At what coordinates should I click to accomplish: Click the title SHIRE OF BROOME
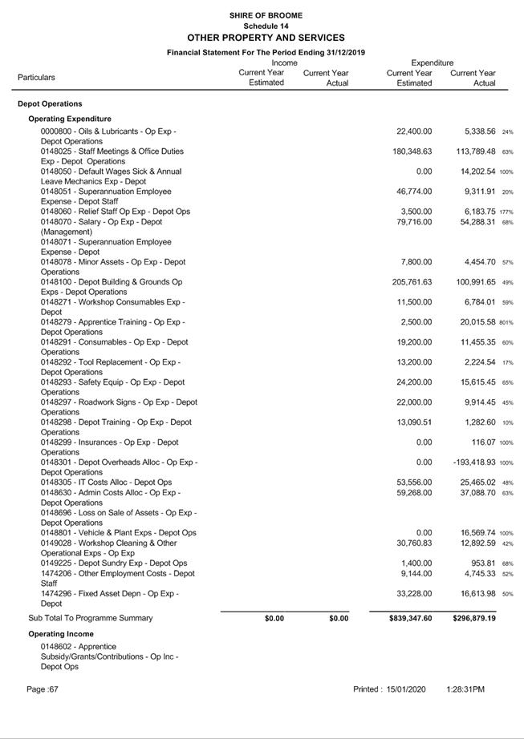(266, 15)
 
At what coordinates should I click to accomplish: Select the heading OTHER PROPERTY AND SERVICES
(266, 38)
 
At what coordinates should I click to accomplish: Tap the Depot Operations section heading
(50, 104)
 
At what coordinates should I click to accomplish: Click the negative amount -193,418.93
(474, 462)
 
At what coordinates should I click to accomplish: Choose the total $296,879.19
(473, 619)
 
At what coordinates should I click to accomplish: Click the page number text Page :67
(43, 689)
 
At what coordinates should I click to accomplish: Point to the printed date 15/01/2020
(407, 689)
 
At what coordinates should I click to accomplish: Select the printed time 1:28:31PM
(465, 689)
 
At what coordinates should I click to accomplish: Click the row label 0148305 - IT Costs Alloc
(106, 483)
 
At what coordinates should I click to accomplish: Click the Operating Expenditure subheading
(70, 119)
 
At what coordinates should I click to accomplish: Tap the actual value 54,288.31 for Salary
(475, 222)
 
